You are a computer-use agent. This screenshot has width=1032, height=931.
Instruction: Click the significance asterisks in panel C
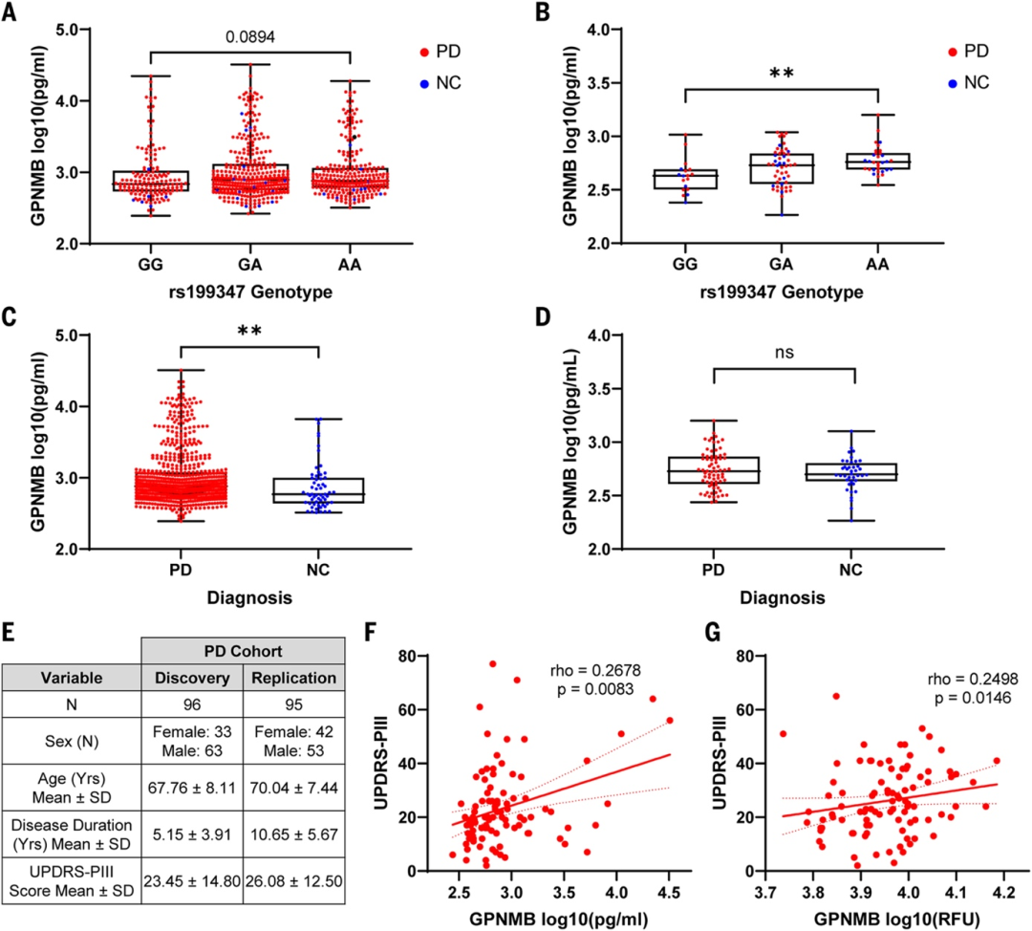(x=248, y=332)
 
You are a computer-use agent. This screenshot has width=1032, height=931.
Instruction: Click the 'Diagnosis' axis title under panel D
(x=784, y=599)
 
